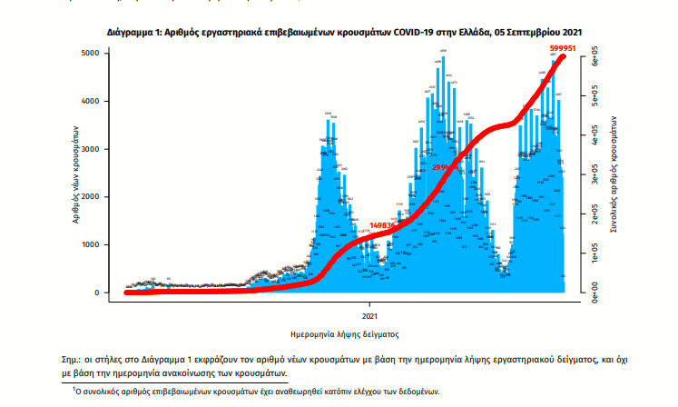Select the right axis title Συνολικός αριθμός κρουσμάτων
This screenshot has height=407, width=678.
coord(617,173)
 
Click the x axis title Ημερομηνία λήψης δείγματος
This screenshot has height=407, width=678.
coord(345,333)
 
